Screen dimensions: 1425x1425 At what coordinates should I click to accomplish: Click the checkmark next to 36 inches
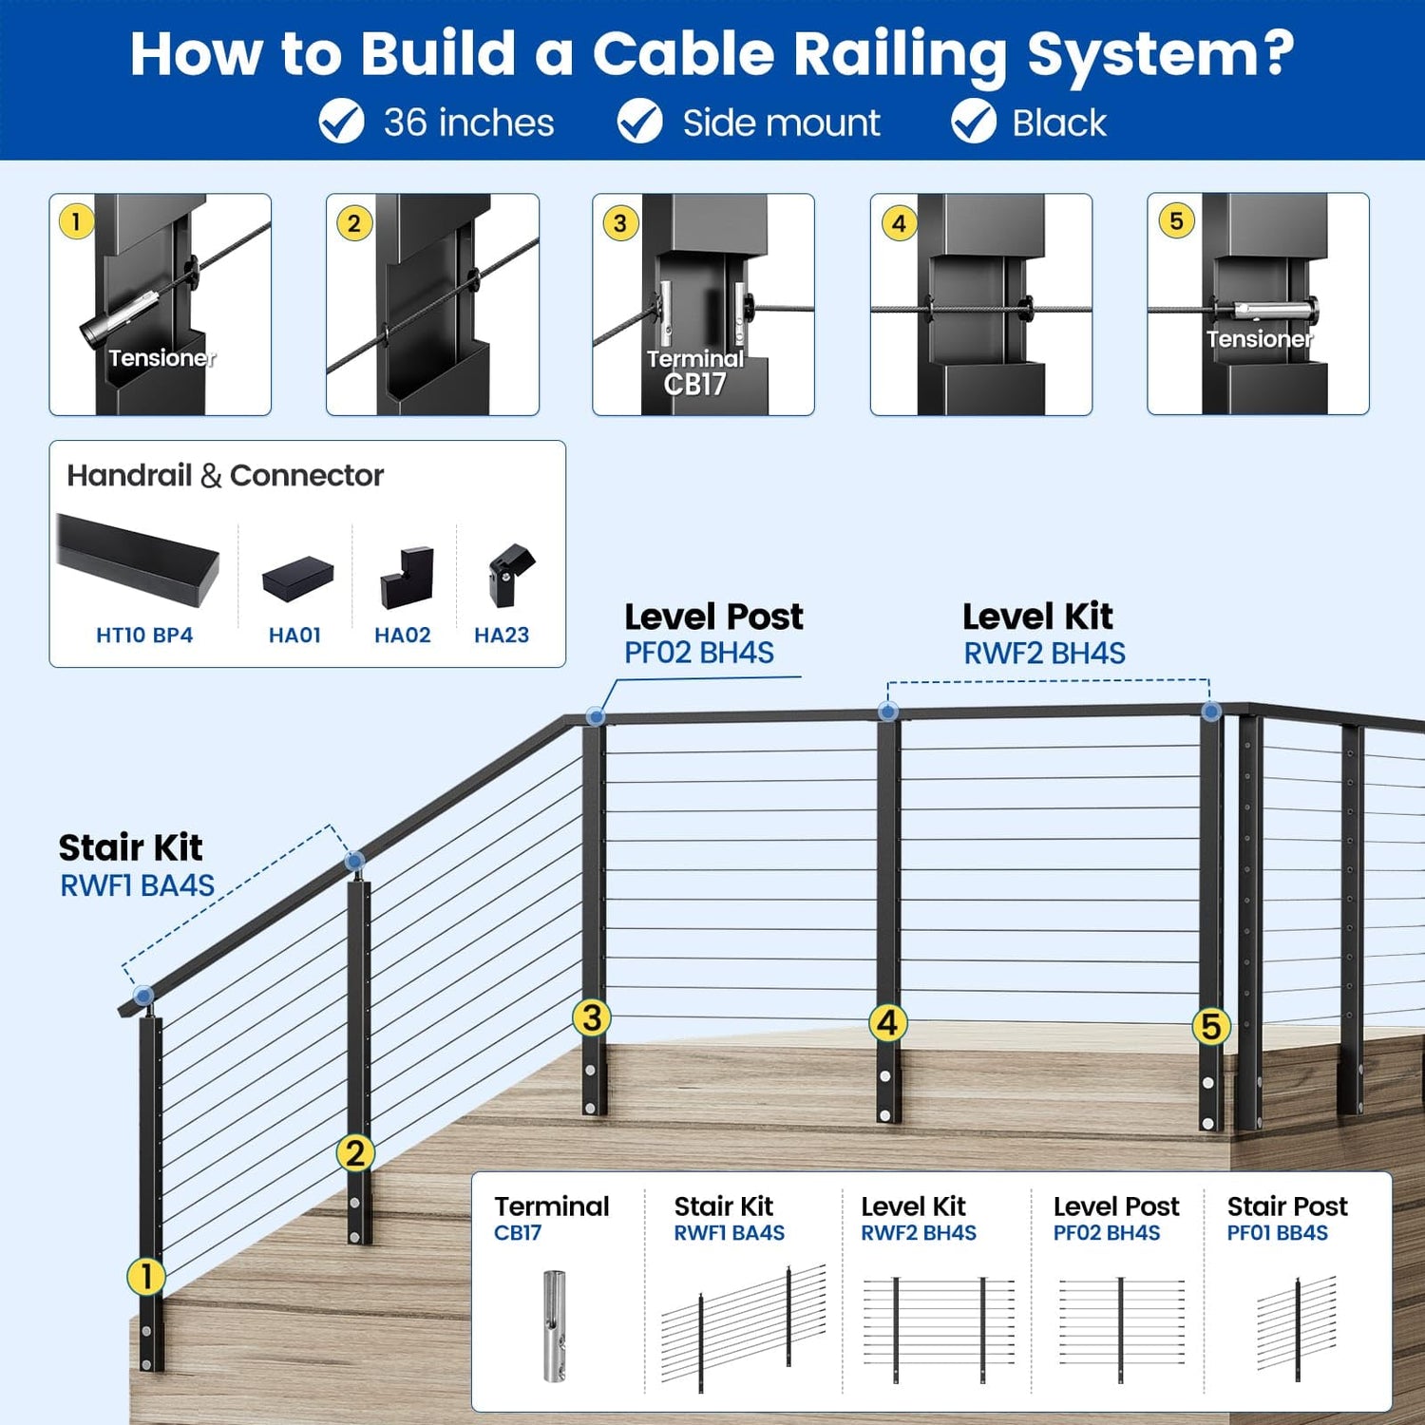point(341,122)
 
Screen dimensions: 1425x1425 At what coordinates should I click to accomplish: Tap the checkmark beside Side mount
point(640,122)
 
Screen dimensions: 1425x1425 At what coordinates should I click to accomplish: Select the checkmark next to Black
point(974,122)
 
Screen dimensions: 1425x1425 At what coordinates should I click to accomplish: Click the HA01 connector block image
point(297,579)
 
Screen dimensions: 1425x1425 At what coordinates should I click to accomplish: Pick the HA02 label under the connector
point(403,635)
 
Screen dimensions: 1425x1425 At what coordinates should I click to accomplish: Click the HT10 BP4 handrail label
point(144,635)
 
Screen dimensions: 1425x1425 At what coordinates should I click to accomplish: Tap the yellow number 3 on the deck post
point(591,1017)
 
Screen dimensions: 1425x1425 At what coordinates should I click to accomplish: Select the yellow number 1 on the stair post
point(145,1276)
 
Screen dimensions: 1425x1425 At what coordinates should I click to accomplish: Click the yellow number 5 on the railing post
point(1210,1026)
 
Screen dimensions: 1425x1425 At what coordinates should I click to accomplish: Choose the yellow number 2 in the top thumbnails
point(354,223)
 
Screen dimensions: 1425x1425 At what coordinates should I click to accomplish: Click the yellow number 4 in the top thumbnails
point(899,223)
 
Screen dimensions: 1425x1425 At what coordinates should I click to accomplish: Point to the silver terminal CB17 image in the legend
point(554,1325)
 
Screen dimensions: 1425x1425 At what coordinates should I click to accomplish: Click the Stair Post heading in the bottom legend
point(1287,1206)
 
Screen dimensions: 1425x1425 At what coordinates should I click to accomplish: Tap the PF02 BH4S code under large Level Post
point(699,653)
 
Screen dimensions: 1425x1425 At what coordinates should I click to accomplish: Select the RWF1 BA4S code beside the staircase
point(138,885)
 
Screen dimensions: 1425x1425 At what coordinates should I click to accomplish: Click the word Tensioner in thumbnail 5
point(1259,339)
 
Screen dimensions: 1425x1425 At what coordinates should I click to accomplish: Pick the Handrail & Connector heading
point(225,475)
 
